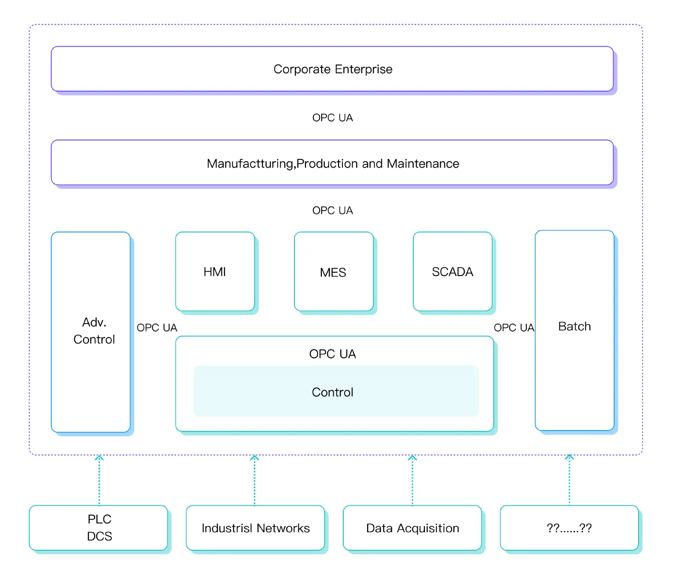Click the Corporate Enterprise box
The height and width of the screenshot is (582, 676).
point(332,69)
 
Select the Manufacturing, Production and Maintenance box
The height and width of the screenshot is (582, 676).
point(332,163)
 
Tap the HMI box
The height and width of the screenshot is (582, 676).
point(215,272)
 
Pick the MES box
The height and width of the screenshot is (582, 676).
point(333,272)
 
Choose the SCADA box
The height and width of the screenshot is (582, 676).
point(452,272)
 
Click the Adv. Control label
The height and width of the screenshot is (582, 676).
point(94,331)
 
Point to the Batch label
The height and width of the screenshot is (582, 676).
point(574,326)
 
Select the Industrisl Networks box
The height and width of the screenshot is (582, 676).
point(255,528)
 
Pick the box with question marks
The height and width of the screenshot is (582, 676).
point(569,528)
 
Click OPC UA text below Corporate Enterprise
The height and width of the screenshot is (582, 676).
point(332,118)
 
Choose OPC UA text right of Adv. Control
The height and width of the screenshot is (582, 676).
point(157,328)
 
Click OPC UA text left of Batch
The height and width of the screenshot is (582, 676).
point(514,328)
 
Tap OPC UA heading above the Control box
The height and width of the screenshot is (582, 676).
point(332,354)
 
